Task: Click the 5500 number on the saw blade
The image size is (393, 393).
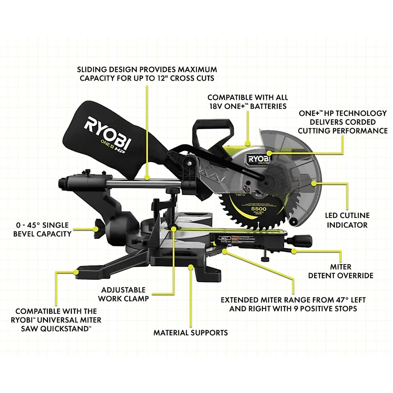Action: click(259, 209)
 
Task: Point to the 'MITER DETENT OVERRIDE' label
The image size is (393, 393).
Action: click(341, 271)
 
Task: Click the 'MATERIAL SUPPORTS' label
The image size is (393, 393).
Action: click(191, 333)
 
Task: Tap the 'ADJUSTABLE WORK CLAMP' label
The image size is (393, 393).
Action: click(123, 294)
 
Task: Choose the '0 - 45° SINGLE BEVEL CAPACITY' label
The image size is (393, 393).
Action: click(42, 229)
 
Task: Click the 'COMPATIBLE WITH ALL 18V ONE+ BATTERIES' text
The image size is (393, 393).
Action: click(248, 102)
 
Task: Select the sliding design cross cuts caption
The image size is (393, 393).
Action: click(147, 74)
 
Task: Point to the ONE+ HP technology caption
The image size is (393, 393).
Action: click(343, 122)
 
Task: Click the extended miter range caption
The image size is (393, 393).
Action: click(293, 304)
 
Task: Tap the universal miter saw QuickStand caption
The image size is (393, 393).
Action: click(56, 320)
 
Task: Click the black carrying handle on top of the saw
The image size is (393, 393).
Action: click(211, 129)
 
